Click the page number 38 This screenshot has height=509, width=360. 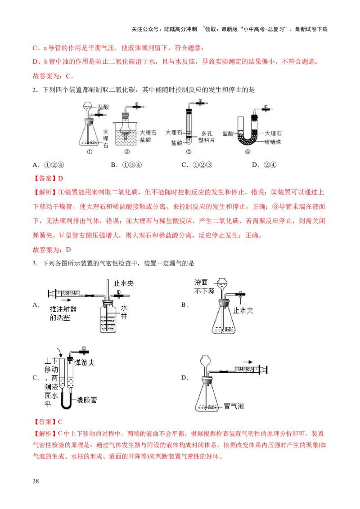pos(36,481)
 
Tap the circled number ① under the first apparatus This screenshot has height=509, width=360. pos(90,152)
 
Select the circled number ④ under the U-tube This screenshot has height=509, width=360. pos(247,152)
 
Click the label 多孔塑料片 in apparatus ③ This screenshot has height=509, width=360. pos(207,137)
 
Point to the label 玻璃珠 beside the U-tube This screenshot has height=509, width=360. pos(273,142)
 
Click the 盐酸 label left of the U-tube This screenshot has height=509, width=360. pos(228,134)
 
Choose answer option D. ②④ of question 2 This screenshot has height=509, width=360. pos(264,165)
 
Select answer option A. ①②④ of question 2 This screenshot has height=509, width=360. pos(49,165)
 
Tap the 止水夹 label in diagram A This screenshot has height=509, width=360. pos(124,283)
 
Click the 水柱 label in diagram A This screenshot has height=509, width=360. pos(124,312)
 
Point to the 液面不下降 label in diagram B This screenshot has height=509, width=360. pos(204,286)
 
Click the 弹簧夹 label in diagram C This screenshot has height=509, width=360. pos(84,362)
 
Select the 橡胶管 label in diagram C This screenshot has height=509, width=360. pos(87,400)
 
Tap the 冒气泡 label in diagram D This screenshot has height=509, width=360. pos(234,406)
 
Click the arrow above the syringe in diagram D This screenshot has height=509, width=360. pos(247,362)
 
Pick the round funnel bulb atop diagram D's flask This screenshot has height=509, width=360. pos(205,361)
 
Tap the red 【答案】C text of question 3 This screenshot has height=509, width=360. pos(47,422)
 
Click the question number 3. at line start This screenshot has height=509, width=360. pos(35,263)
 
